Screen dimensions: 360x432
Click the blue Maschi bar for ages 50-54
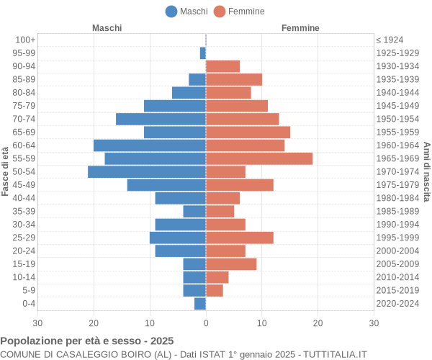(147, 171)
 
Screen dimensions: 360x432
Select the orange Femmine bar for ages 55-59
(259, 158)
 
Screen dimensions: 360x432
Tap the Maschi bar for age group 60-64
(150, 145)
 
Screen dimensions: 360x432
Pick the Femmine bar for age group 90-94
(222, 66)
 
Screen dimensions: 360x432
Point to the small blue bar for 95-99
(203, 53)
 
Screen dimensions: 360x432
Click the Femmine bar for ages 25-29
(240, 238)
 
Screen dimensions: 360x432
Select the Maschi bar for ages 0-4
(200, 304)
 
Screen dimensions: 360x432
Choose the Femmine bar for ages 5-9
(215, 290)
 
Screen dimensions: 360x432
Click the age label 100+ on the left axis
(25, 40)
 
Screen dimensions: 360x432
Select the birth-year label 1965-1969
(397, 158)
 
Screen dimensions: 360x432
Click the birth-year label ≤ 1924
(390, 40)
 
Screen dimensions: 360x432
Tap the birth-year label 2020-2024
(397, 304)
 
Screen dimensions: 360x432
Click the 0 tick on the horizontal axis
(206, 323)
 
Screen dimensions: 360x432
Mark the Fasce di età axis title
(6, 171)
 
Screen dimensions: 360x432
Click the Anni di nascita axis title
(426, 171)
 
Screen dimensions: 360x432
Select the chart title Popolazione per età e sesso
(87, 341)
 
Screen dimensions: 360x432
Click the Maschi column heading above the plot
(107, 27)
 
